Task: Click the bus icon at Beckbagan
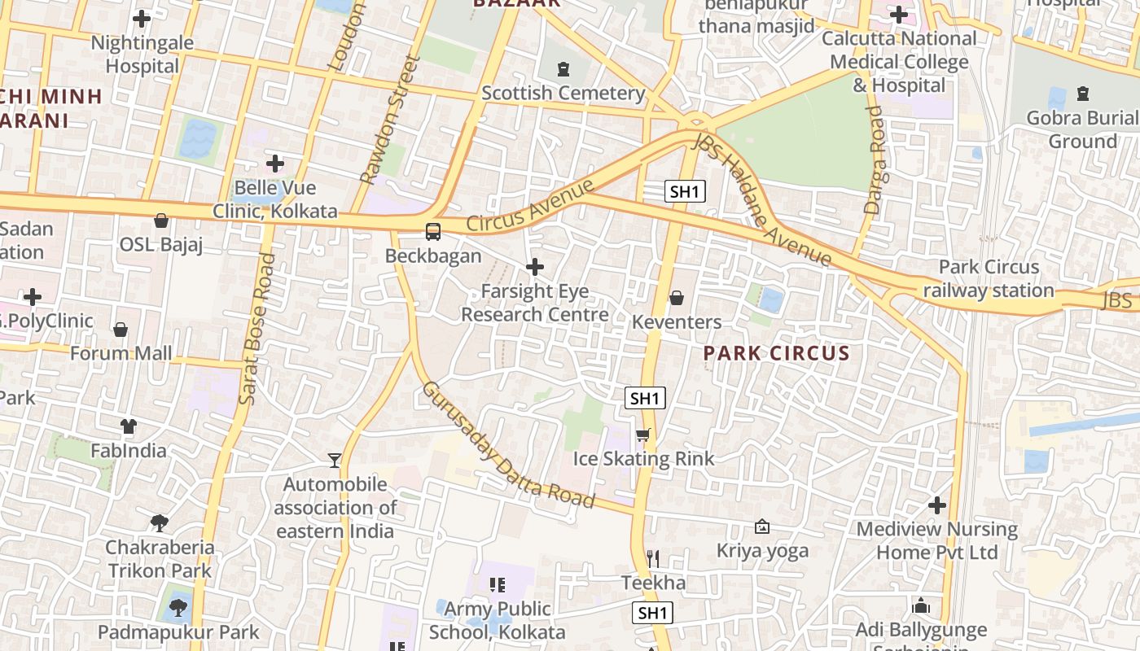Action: pyautogui.click(x=433, y=231)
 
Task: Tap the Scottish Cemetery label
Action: pyautogui.click(x=563, y=93)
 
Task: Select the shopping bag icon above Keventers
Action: pyautogui.click(x=676, y=299)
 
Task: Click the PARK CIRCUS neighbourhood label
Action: pyautogui.click(x=776, y=353)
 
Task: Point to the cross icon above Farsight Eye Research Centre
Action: pyautogui.click(x=535, y=267)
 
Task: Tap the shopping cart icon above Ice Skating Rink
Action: pyautogui.click(x=643, y=435)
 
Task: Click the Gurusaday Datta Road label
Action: pyautogui.click(x=507, y=444)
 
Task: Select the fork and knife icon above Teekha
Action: pyautogui.click(x=652, y=559)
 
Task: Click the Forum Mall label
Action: pyautogui.click(x=121, y=353)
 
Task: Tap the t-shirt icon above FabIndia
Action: pyautogui.click(x=129, y=426)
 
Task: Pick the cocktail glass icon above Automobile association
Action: pyautogui.click(x=334, y=461)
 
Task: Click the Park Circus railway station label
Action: pyautogui.click(x=989, y=278)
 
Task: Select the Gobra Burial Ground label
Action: pyautogui.click(x=1082, y=129)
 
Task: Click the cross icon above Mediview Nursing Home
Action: pyautogui.click(x=937, y=505)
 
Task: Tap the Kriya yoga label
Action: pyautogui.click(x=762, y=551)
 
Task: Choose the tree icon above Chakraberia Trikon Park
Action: pyautogui.click(x=160, y=523)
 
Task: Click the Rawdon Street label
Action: pyautogui.click(x=390, y=120)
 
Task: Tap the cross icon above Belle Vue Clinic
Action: pyautogui.click(x=275, y=164)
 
